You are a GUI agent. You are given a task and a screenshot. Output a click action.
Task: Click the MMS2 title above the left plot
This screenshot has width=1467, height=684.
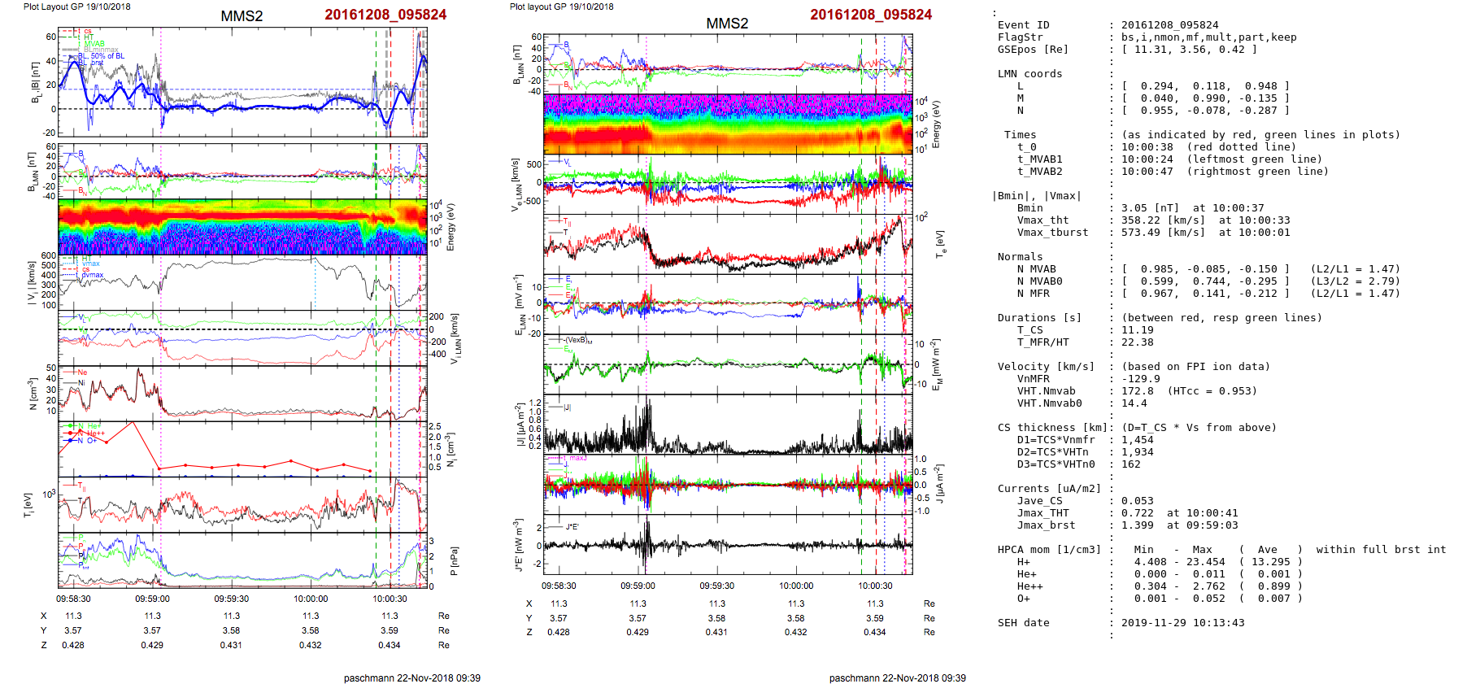tap(242, 16)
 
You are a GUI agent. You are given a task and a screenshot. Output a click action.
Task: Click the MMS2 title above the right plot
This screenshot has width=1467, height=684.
tap(727, 24)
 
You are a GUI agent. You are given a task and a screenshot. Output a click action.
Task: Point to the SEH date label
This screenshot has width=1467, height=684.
tap(1023, 623)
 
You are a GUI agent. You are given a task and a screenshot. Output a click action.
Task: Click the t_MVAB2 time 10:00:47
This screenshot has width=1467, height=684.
tap(1147, 172)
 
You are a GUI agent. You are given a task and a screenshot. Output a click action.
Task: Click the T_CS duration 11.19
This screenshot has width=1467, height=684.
tap(1137, 330)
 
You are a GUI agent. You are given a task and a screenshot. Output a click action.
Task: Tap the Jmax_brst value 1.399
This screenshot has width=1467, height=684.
tap(1137, 525)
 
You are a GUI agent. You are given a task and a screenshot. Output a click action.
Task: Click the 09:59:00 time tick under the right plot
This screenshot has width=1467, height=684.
tap(638, 586)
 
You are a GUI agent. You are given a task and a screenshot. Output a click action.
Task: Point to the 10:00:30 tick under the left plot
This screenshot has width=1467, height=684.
tap(390, 599)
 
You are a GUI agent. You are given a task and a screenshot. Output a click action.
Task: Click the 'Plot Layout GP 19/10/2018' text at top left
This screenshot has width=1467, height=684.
tap(76, 7)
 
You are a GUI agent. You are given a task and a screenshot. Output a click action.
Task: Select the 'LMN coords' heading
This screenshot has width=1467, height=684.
tap(1030, 74)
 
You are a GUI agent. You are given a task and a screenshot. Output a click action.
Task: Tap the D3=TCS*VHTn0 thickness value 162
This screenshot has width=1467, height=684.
tap(1130, 464)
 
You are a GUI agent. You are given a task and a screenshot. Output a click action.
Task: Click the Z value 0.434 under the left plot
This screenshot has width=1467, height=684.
tap(389, 645)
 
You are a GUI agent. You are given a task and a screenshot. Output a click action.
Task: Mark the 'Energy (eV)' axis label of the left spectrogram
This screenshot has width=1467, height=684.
tap(451, 227)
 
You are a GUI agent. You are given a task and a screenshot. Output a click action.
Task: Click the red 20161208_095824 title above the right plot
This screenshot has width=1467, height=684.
tap(870, 15)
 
